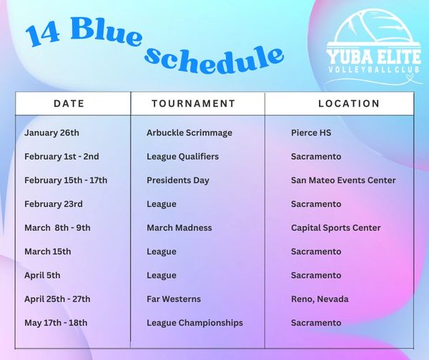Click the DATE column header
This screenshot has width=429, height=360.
coord(69,104)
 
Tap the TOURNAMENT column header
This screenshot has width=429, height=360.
coord(194,104)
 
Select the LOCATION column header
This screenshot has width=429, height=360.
coord(349,104)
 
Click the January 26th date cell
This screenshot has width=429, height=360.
coord(51,133)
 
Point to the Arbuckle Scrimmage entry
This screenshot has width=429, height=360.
coord(189,133)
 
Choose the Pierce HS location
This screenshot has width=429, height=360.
coord(311,133)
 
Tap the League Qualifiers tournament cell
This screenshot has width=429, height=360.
coord(183,157)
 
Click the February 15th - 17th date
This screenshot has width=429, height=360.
coord(66,180)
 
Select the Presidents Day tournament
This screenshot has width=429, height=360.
coord(178,180)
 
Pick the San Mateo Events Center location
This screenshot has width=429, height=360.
coord(343,180)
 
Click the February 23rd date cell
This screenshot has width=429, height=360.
coord(54,204)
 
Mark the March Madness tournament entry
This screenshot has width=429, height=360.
coord(179,228)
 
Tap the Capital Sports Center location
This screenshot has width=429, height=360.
coord(336,228)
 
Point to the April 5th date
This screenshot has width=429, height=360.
coord(42,276)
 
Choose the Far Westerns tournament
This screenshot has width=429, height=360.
coord(174,299)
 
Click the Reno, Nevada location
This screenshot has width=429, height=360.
coord(320,299)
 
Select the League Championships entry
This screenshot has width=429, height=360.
coord(194,323)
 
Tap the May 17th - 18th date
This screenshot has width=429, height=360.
coord(56,323)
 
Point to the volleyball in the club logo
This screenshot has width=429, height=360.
coord(373,27)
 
